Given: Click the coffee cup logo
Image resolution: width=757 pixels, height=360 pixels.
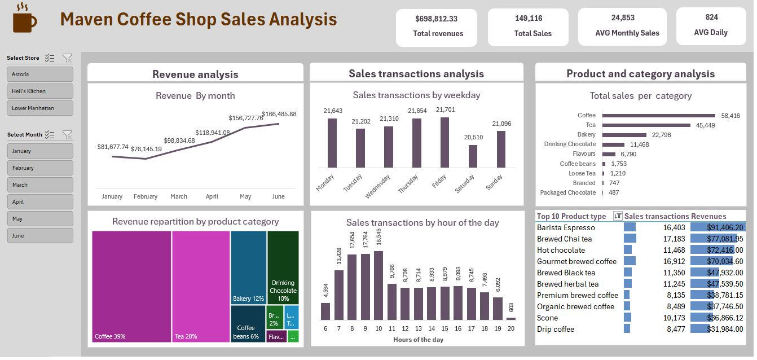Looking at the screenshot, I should point(24,19).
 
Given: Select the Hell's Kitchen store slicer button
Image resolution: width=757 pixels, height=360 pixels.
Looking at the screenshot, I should point(40,91).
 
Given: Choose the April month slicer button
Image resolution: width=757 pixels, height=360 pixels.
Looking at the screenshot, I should point(40,201).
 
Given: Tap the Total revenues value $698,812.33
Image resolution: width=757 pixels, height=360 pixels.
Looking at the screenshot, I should point(436,19).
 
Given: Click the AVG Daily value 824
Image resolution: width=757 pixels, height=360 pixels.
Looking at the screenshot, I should point(711,17).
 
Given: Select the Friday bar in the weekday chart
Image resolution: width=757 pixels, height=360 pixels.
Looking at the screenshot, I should point(444,143).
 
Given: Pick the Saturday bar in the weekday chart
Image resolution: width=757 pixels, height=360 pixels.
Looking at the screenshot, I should point(473,156).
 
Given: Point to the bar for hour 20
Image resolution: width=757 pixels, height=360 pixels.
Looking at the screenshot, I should point(510,318).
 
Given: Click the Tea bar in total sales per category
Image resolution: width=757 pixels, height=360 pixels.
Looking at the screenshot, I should point(646,125).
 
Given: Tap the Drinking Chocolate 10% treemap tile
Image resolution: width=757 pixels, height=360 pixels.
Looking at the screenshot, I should point(283,265).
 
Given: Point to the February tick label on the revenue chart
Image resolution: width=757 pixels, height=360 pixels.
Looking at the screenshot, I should point(146,196).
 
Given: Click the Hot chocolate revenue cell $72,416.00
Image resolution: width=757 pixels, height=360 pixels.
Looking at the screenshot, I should point(717,250).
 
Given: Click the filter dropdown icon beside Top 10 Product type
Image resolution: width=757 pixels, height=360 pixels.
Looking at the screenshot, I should point(618,216).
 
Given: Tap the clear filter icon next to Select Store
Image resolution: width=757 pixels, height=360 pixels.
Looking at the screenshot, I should point(67,58).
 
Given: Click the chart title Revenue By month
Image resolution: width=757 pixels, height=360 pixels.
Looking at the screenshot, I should point(195,95).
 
